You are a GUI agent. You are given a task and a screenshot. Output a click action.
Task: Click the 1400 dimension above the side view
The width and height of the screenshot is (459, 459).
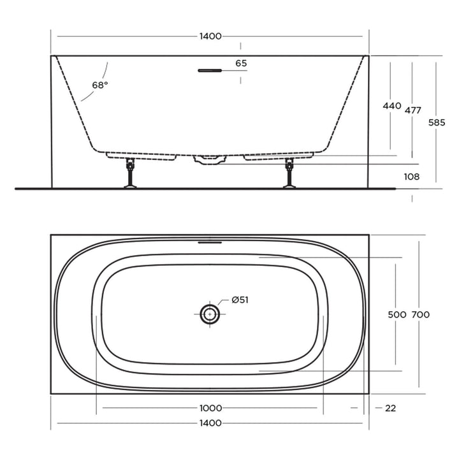(210, 36)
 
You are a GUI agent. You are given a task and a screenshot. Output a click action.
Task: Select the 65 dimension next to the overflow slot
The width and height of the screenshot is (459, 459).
(241, 63)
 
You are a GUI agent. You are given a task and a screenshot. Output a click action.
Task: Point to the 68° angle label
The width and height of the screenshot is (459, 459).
(99, 85)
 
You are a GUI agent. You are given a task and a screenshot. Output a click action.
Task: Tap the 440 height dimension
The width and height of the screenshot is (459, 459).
(391, 106)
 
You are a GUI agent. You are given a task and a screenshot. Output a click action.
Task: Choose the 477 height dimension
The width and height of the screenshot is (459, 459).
(413, 110)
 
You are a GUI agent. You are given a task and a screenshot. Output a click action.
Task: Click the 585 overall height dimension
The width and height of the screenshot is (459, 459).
(437, 122)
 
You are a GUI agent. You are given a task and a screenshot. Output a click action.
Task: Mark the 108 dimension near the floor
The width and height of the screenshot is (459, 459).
(412, 177)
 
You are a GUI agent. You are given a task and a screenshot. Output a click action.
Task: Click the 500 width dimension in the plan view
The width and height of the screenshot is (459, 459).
(397, 314)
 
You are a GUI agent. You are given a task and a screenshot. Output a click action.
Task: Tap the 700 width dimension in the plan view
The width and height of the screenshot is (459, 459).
(421, 314)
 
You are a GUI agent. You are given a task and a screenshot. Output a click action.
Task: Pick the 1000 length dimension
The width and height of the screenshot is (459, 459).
(210, 408)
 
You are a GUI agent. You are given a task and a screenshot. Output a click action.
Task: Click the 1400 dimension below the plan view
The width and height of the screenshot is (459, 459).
(210, 423)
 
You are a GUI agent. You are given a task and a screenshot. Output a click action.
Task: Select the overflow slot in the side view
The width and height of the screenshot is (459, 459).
(209, 70)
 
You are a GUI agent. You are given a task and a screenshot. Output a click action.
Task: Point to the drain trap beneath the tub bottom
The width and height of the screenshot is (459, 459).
(210, 159)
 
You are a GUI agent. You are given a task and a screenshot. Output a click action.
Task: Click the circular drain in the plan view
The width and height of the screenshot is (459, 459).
(209, 313)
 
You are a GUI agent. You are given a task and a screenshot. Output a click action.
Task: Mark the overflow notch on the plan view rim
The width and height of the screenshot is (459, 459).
(209, 242)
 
